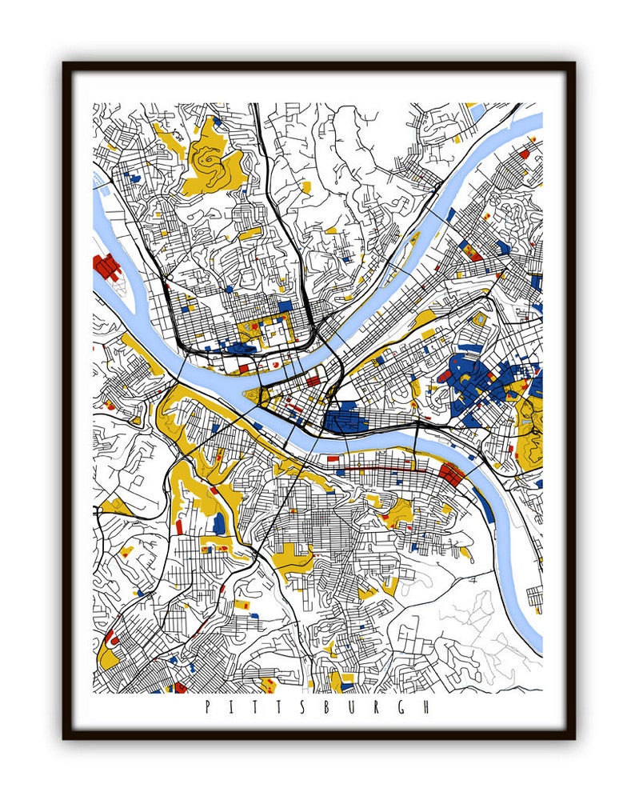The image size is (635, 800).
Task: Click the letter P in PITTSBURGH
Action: click(x=208, y=707)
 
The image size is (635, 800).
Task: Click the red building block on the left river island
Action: click(x=106, y=266)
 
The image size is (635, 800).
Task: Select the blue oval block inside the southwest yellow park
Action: click(x=219, y=524)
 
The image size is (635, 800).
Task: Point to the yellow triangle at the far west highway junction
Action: click(x=118, y=506)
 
